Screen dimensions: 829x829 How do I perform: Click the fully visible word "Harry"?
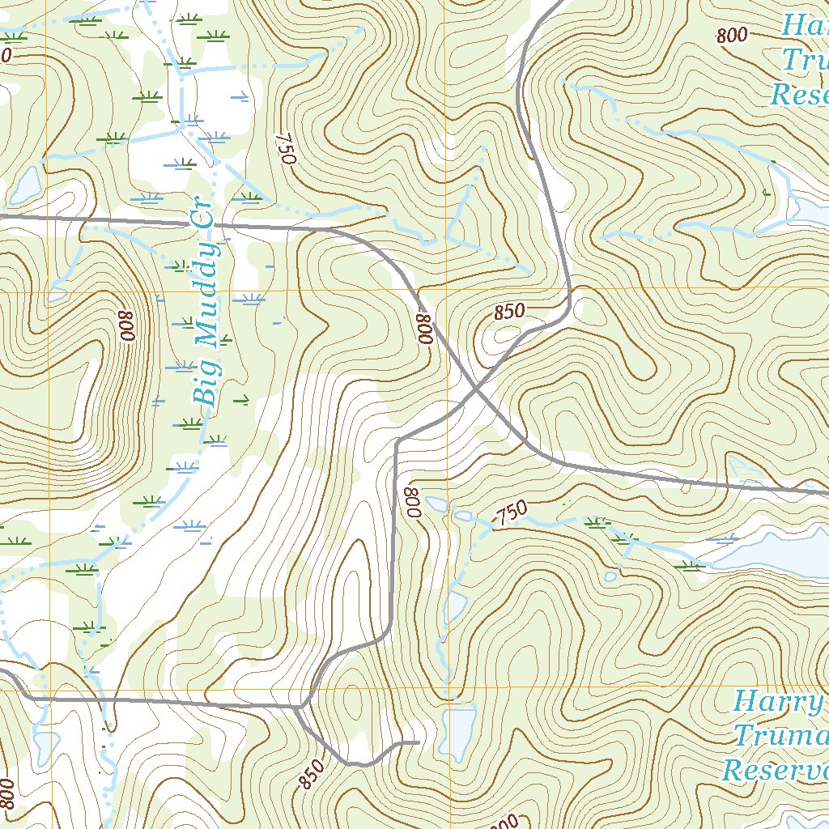[x=777, y=701]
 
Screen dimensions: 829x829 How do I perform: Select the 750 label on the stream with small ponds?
[x=511, y=512]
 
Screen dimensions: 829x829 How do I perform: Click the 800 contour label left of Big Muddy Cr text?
[x=126, y=325]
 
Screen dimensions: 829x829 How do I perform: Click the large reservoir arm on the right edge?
[x=769, y=555]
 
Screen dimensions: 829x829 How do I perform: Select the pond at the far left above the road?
[x=24, y=185]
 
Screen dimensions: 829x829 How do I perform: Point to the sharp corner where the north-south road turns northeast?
[x=397, y=442]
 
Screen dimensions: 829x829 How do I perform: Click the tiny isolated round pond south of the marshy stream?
[x=610, y=576]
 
